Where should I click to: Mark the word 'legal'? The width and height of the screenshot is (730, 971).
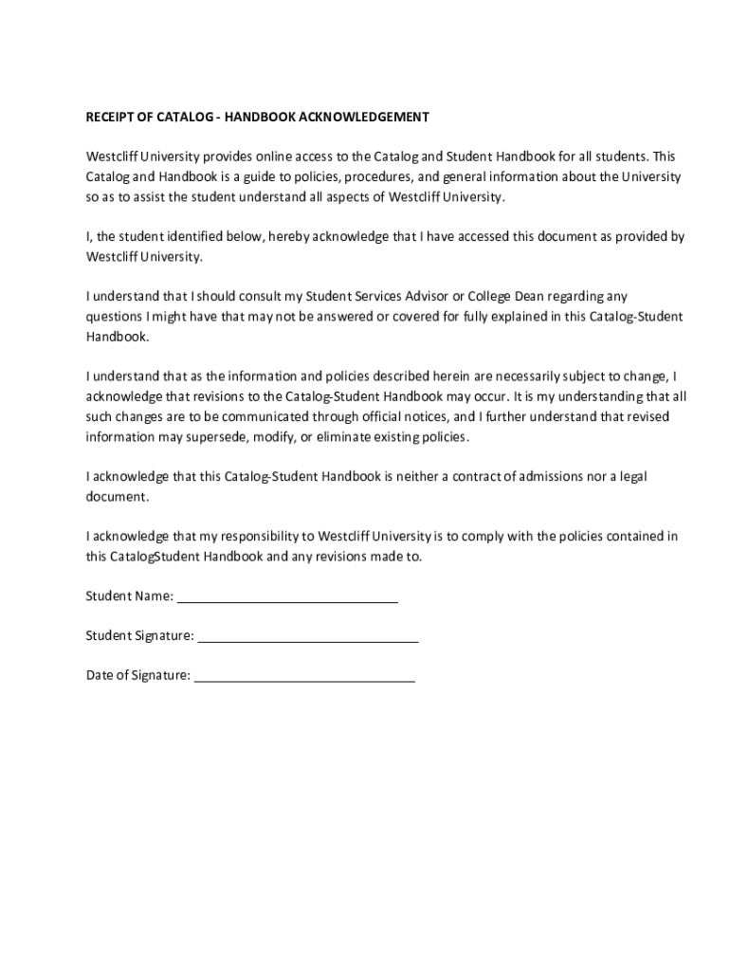(x=630, y=477)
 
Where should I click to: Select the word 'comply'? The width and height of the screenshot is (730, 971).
(x=483, y=537)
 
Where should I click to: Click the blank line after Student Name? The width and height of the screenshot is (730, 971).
(x=287, y=600)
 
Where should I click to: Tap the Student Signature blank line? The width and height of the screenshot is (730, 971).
(x=307, y=640)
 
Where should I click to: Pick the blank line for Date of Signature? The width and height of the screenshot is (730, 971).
(x=304, y=680)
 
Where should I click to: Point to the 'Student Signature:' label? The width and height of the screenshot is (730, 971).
(x=139, y=636)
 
